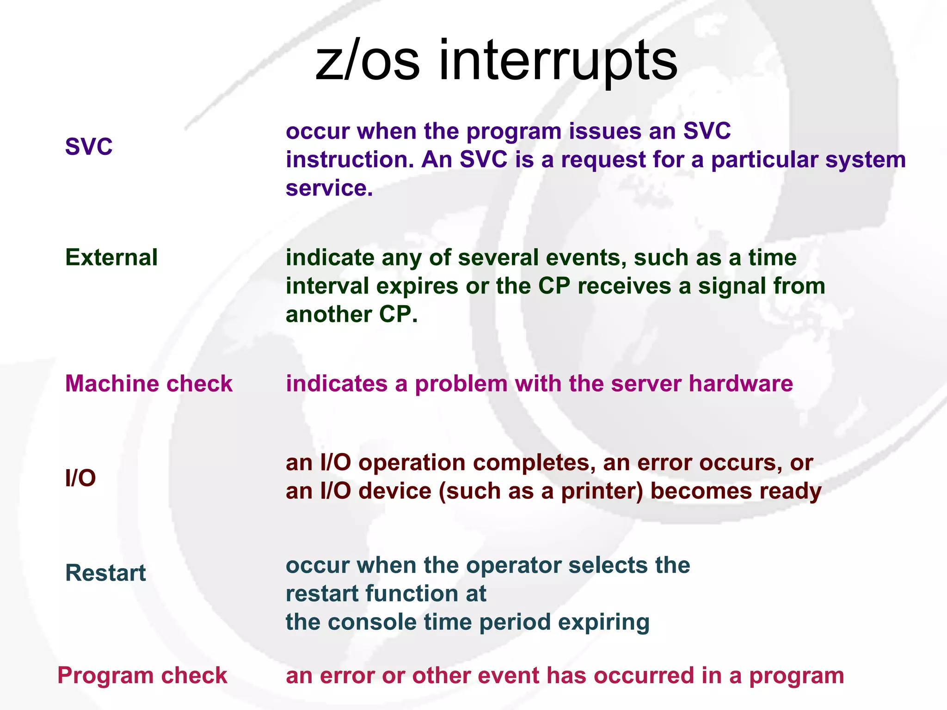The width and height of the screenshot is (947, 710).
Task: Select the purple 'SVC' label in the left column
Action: (89, 147)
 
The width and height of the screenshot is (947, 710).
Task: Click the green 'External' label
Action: (111, 257)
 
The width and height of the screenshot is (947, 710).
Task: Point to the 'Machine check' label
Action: (148, 384)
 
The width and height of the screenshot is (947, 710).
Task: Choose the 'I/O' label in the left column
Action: (80, 478)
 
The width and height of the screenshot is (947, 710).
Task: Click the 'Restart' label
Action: (105, 573)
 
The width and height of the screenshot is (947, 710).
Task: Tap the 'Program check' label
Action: (142, 676)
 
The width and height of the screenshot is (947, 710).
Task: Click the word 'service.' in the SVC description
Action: (329, 188)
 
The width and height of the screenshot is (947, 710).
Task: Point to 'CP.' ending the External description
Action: (399, 315)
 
